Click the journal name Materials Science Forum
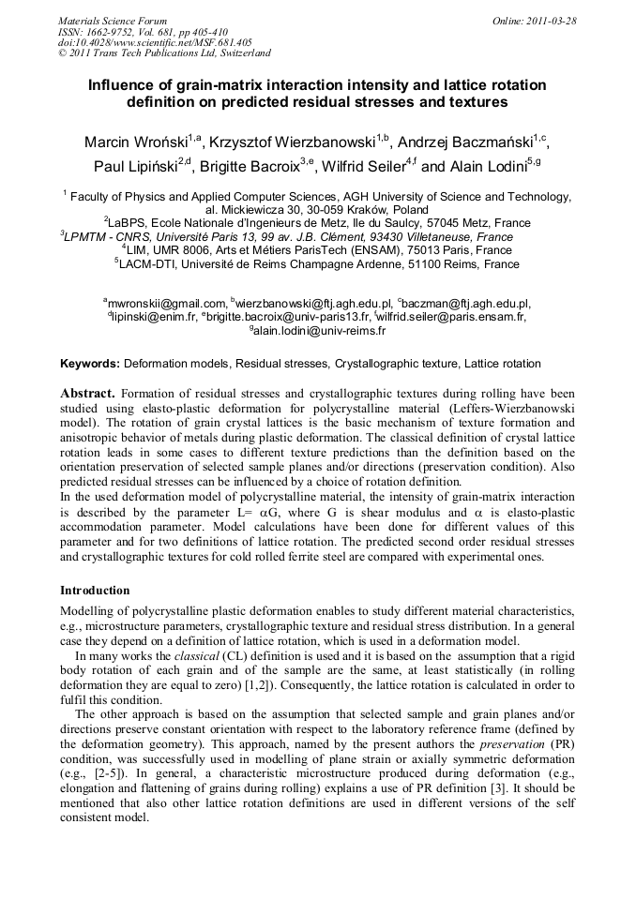point(113,20)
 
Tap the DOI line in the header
point(155,42)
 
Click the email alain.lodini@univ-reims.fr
point(320,330)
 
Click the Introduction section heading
point(95,592)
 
